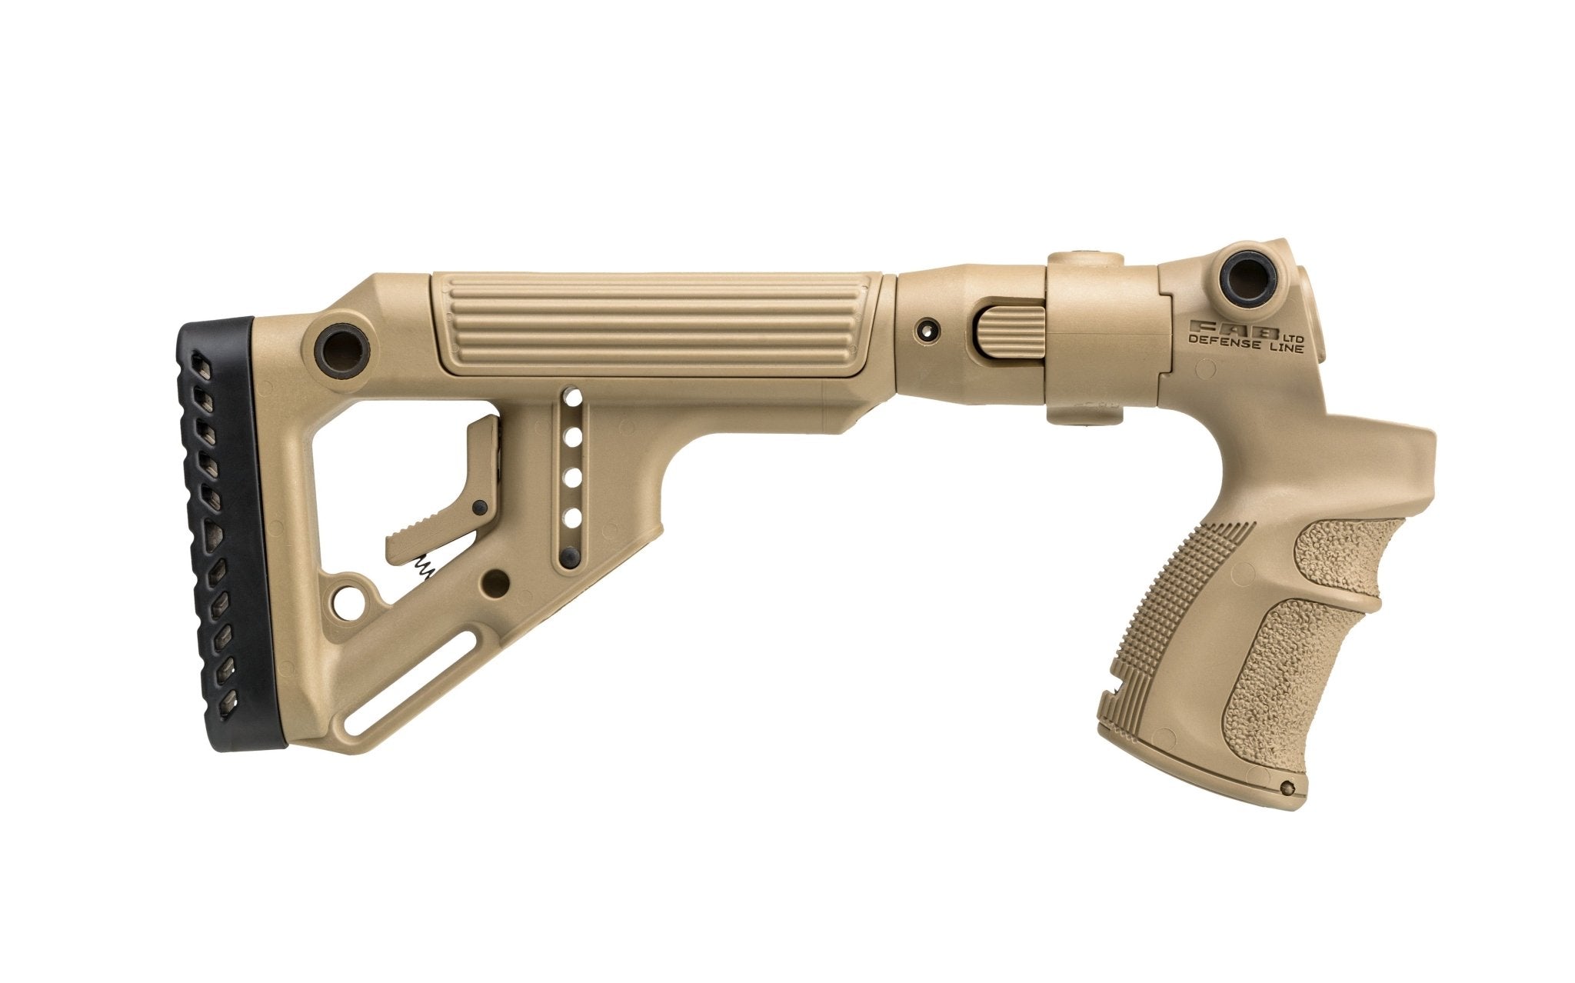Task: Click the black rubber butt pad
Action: coord(223,531)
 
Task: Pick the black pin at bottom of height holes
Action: coord(570,558)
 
